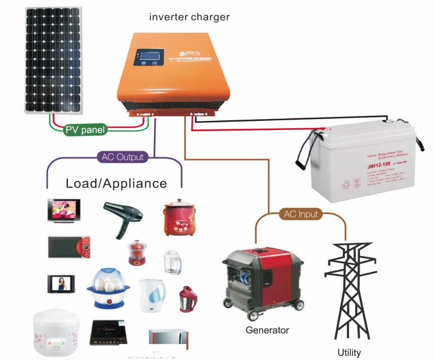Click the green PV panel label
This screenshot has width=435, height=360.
tap(85, 130)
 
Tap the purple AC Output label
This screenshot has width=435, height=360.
tap(123, 157)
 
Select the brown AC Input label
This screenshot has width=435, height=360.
tap(301, 214)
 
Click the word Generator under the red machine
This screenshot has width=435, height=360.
tap(267, 330)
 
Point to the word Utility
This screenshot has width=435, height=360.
tap(349, 352)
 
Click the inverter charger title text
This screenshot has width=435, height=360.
tap(189, 17)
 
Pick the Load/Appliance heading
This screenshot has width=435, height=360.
tap(116, 183)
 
